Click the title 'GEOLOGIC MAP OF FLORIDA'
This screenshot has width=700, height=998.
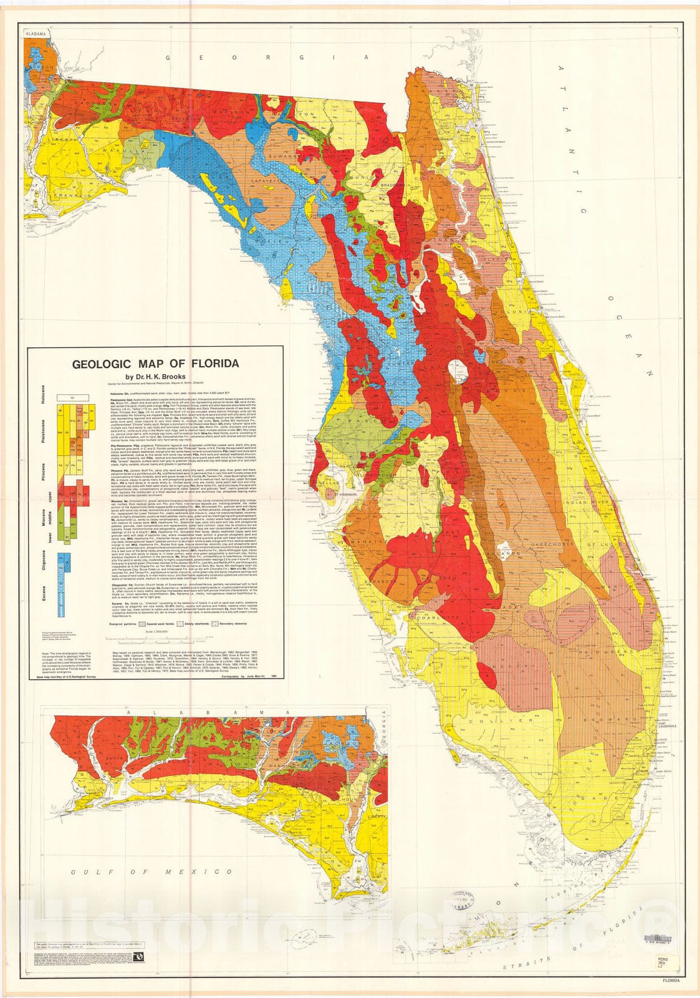[152, 364]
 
